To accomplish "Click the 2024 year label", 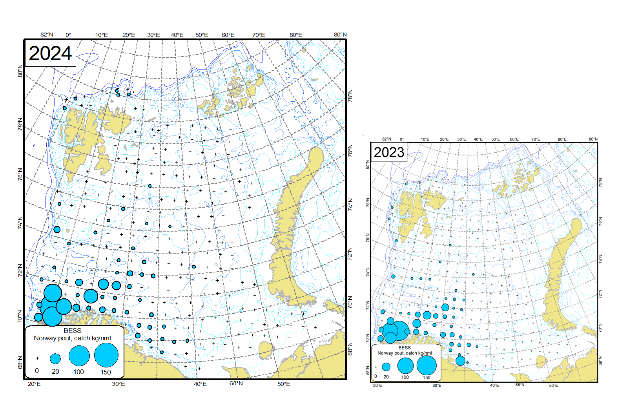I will [x=50, y=53].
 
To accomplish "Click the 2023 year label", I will [x=389, y=152].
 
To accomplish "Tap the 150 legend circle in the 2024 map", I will [x=106, y=355].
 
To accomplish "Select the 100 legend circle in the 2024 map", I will [x=79, y=356].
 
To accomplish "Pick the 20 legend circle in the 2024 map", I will [x=55, y=358].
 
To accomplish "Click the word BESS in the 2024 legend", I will [x=73, y=331].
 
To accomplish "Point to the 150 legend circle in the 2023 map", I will [x=427, y=365].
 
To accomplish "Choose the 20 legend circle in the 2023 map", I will [x=386, y=367].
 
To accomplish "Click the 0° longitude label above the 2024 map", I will [x=68, y=35].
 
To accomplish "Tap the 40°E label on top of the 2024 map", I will [x=177, y=35].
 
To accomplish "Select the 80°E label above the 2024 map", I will [x=296, y=35].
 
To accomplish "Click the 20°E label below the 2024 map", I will [x=34, y=384].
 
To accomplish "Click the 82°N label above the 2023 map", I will [x=386, y=139].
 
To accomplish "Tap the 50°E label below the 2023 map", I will [x=553, y=385].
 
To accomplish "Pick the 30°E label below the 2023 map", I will [x=437, y=385].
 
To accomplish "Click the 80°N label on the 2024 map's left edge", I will [x=20, y=71].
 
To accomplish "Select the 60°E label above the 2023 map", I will [x=514, y=139].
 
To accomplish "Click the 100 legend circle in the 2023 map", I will [x=405, y=365].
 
